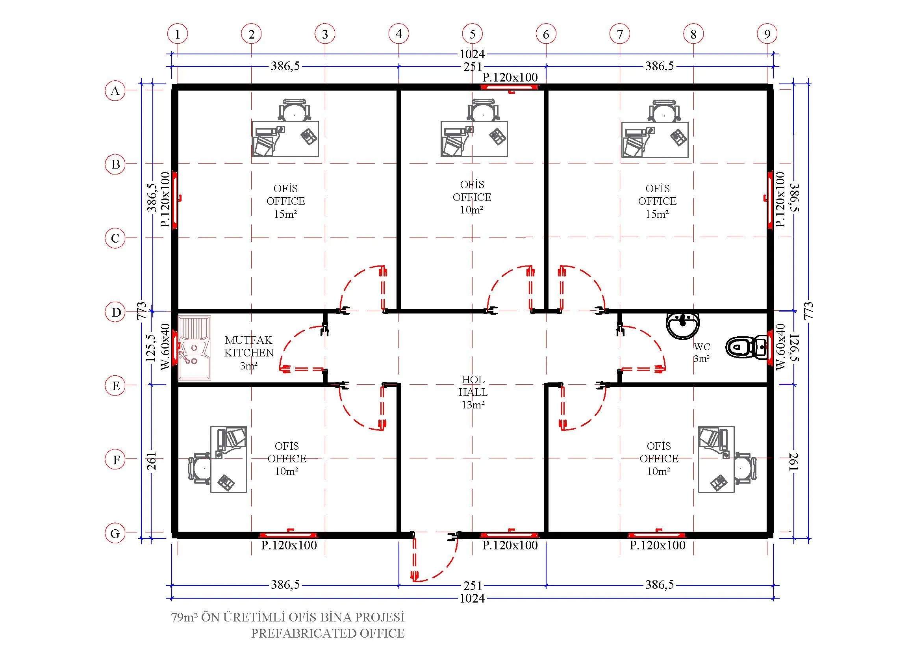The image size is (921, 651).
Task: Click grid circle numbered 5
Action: click(x=472, y=34)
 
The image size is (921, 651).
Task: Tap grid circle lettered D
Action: click(x=115, y=312)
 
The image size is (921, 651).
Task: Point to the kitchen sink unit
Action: click(x=195, y=348)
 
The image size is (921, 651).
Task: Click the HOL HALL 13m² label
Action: click(x=473, y=392)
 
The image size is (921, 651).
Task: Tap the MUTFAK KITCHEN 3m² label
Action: click(x=249, y=352)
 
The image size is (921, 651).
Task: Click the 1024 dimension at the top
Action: click(x=472, y=54)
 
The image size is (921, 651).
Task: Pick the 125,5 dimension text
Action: click(x=151, y=348)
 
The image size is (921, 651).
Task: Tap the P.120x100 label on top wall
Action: click(x=510, y=78)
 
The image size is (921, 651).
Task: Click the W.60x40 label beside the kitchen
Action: click(x=165, y=347)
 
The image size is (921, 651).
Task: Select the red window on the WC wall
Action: click(x=770, y=347)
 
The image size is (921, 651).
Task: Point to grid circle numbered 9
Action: click(x=767, y=34)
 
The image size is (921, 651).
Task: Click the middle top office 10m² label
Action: click(x=472, y=197)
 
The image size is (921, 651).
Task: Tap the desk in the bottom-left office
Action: click(x=229, y=459)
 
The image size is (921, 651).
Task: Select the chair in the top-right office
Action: click(x=664, y=110)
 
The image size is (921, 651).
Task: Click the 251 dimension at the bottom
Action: click(x=473, y=585)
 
